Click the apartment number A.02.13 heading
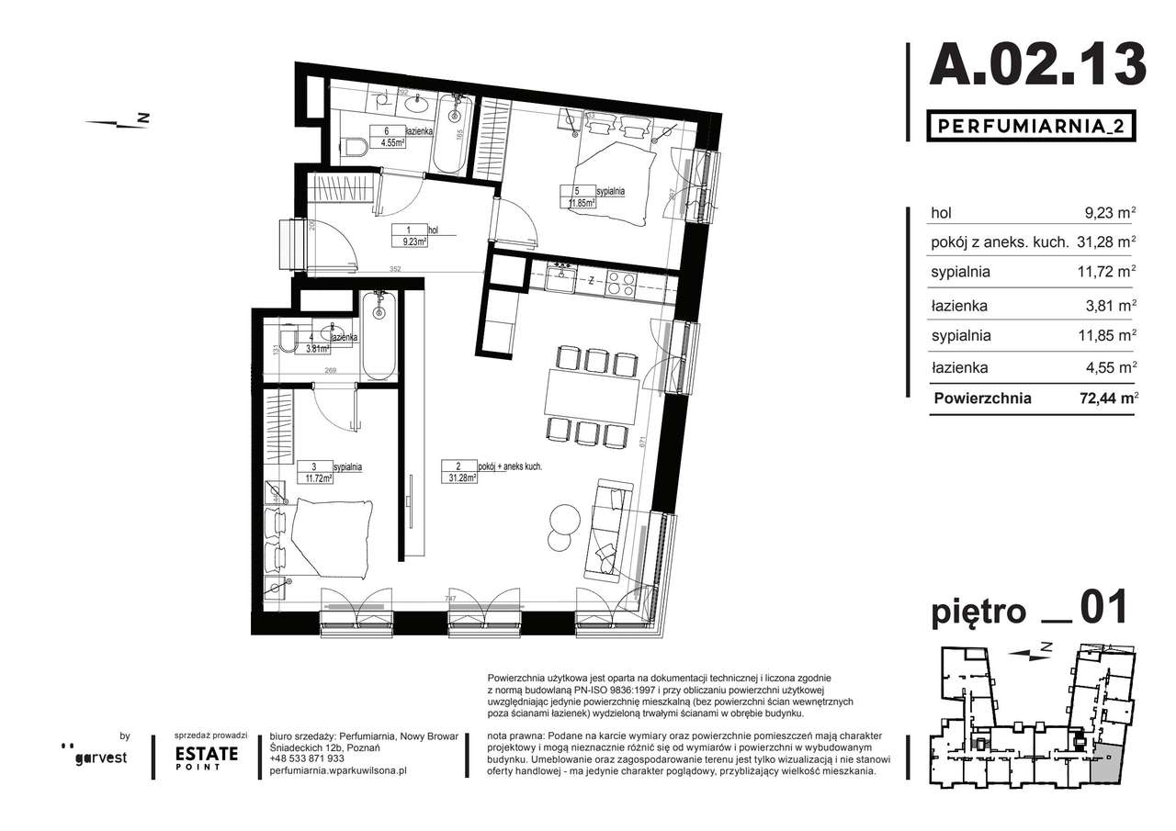[1037, 64]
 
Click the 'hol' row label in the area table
[941, 212]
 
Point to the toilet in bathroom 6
[354, 145]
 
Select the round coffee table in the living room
[561, 519]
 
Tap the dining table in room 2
[592, 392]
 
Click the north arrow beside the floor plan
[118, 120]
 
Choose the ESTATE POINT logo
[207, 757]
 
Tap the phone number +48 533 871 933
[308, 758]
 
